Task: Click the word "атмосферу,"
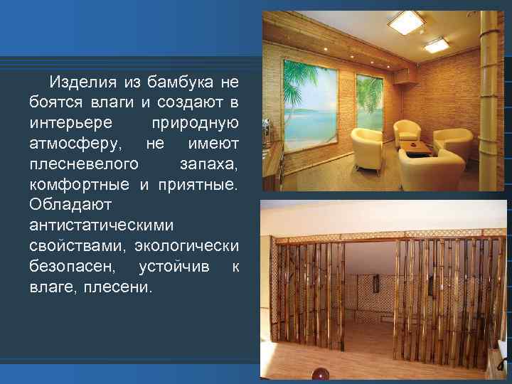72,144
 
